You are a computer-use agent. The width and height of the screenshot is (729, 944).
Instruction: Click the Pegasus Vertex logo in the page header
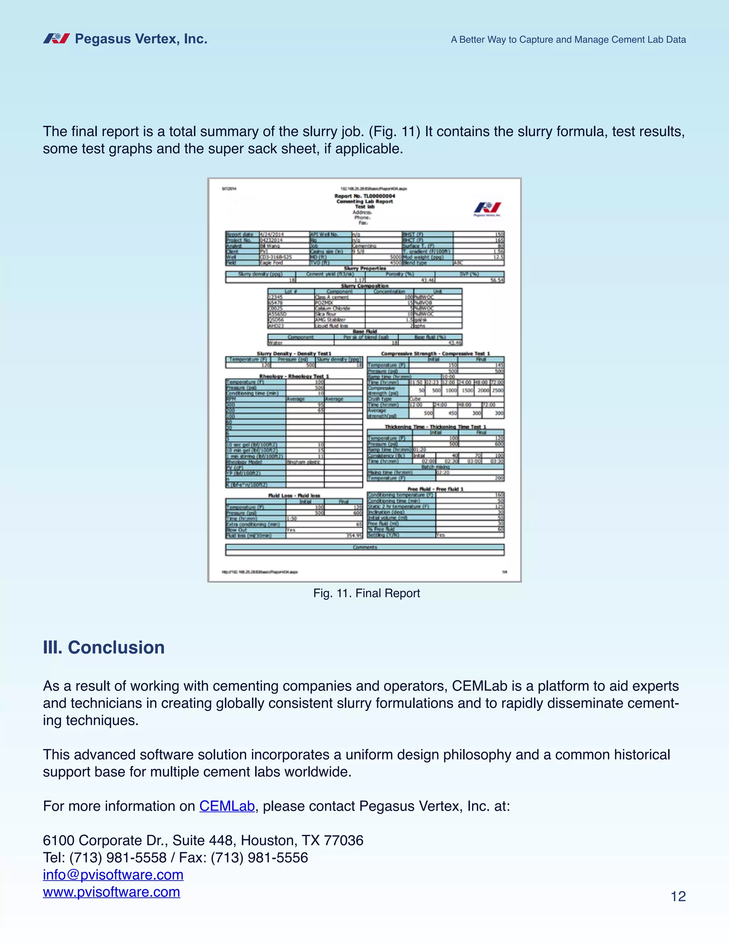pyautogui.click(x=57, y=39)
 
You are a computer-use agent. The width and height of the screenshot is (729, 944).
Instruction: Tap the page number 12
pyautogui.click(x=678, y=897)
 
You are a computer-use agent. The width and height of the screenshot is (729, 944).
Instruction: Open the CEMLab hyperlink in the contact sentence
pyautogui.click(x=227, y=806)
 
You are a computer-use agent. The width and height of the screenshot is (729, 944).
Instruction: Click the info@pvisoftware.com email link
pyautogui.click(x=113, y=875)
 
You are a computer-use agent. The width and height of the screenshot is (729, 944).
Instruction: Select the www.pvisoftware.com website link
pyautogui.click(x=111, y=892)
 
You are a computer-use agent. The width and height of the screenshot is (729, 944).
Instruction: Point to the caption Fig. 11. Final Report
pyautogui.click(x=366, y=593)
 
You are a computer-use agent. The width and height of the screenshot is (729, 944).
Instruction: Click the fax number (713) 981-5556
pyautogui.click(x=259, y=857)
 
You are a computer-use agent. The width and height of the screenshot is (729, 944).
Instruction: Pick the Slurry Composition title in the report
pyautogui.click(x=364, y=286)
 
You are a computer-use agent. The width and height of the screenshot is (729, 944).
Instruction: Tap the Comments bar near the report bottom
pyautogui.click(x=365, y=548)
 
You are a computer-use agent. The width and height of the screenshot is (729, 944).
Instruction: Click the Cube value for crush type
pyautogui.click(x=415, y=399)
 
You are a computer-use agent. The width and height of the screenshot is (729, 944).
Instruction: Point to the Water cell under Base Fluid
pyautogui.click(x=276, y=343)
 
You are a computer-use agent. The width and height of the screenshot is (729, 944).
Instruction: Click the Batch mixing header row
pyautogui.click(x=435, y=467)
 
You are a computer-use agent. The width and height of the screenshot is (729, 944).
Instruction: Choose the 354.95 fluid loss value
pyautogui.click(x=354, y=535)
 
